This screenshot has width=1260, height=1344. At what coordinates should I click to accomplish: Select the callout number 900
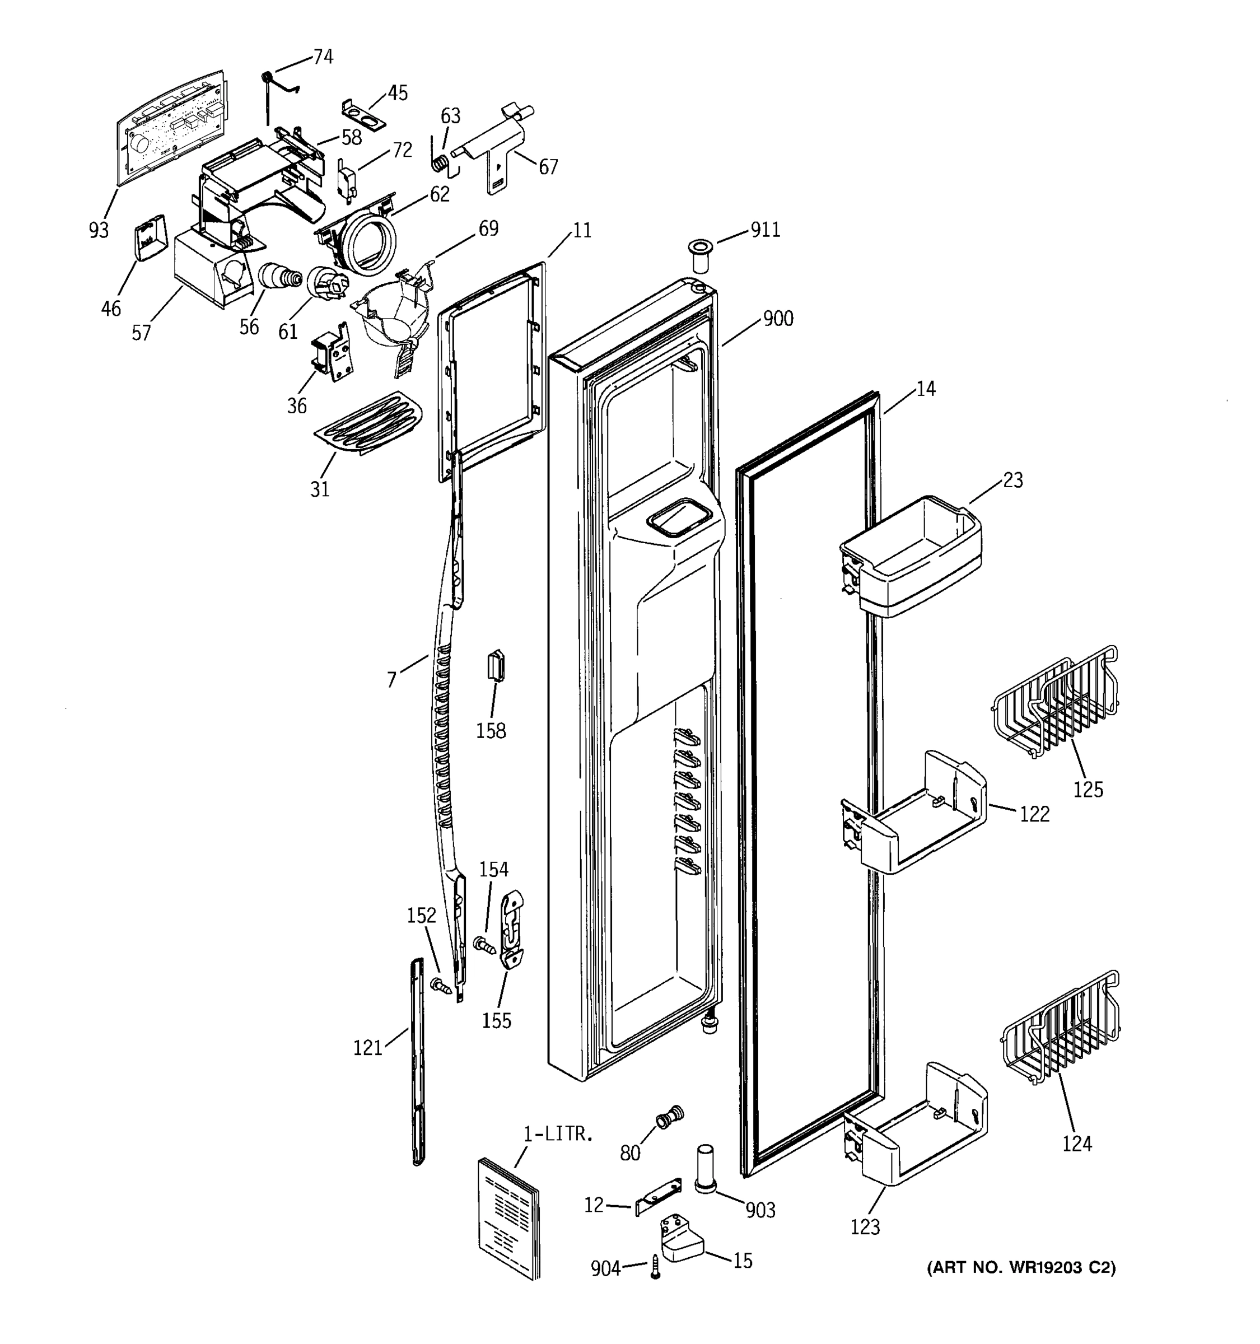click(778, 319)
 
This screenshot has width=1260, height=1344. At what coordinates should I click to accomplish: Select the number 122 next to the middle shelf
click(1034, 814)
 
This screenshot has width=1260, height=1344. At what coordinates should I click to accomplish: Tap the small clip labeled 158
click(496, 665)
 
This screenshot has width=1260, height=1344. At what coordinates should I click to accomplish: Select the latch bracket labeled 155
click(512, 930)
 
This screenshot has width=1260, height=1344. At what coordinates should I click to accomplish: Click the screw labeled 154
click(484, 945)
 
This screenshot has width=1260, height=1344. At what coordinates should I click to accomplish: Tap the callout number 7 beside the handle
click(391, 679)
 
